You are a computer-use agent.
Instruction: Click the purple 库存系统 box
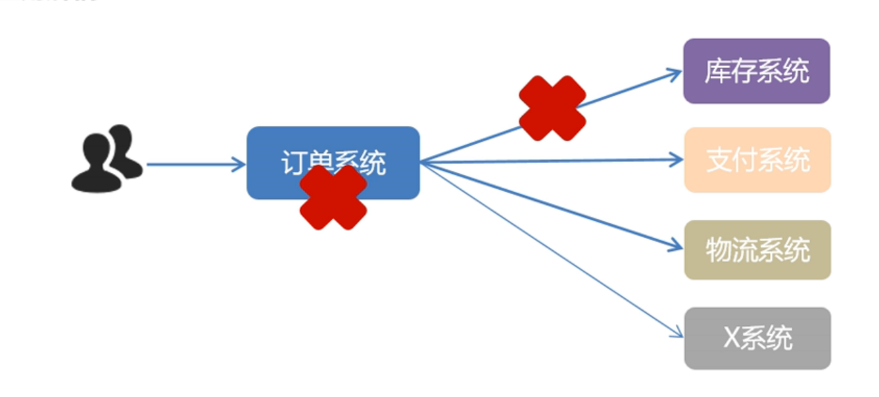click(x=757, y=71)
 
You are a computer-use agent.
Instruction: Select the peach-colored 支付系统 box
click(x=757, y=160)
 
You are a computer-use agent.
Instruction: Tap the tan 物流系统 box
click(x=757, y=250)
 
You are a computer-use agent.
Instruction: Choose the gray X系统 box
click(x=757, y=338)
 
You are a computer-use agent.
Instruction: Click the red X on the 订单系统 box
click(x=333, y=197)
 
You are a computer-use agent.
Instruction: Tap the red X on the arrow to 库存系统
click(x=552, y=108)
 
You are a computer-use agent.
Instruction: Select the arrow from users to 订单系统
click(x=195, y=165)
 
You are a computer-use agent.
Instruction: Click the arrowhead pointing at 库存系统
click(x=675, y=71)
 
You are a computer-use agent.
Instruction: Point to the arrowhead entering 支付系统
click(x=677, y=160)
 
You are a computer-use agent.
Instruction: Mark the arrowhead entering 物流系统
click(x=677, y=246)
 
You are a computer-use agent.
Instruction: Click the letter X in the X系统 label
click(x=731, y=338)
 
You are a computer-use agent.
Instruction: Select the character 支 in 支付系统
click(x=718, y=160)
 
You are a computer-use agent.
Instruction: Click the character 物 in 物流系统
click(x=718, y=250)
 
